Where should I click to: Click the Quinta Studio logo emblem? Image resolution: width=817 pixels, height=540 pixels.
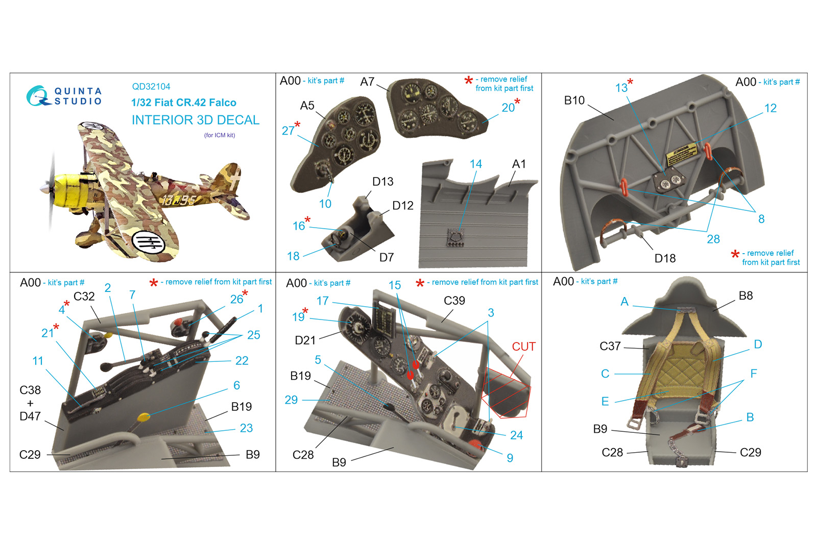click(x=38, y=96)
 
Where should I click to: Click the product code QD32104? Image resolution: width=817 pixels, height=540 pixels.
click(x=151, y=86)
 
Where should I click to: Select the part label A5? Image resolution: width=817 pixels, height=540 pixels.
click(x=307, y=106)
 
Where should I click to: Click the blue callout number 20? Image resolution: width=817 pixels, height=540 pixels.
click(x=508, y=108)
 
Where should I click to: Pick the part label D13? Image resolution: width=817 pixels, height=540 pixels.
click(x=382, y=182)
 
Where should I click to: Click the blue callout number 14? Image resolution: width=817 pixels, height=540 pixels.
click(x=475, y=164)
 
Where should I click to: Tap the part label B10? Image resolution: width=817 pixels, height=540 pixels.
click(x=574, y=100)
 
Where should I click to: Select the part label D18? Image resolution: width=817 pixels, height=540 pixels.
click(x=665, y=258)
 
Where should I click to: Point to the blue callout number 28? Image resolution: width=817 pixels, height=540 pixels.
click(x=713, y=239)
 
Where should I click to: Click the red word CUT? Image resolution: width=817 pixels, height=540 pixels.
click(x=523, y=347)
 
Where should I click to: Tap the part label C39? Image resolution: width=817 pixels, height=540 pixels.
click(x=454, y=301)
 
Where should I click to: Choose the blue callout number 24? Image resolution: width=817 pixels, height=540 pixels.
click(x=516, y=435)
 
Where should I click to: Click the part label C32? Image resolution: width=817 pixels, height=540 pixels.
click(x=84, y=297)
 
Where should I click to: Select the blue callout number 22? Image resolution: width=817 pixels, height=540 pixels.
click(x=242, y=361)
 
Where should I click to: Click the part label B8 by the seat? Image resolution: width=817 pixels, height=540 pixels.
click(x=746, y=296)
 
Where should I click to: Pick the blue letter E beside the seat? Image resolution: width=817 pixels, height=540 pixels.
click(x=605, y=402)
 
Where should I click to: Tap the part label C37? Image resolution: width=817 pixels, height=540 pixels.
click(x=610, y=346)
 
